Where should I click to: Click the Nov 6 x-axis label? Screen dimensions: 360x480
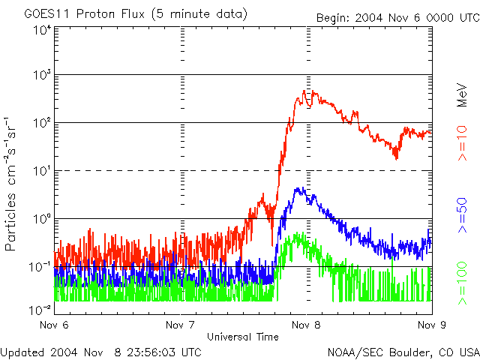53,325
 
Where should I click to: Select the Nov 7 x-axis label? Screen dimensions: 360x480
180,325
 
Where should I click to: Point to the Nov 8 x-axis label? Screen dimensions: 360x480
306,325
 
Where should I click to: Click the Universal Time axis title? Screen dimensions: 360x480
243,337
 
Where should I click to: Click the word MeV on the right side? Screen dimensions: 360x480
463,94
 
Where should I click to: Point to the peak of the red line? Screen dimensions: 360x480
305,91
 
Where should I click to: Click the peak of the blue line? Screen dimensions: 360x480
299,188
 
